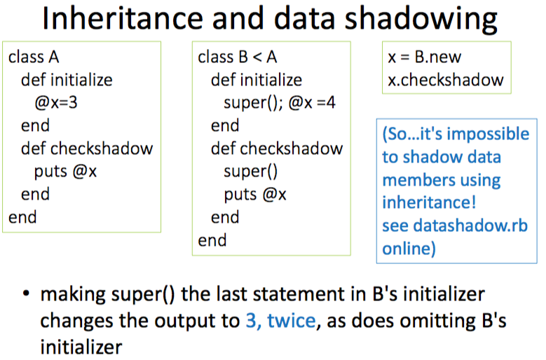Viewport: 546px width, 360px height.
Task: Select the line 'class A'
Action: coord(34,57)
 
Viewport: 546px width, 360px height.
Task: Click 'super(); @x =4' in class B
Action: coord(280,103)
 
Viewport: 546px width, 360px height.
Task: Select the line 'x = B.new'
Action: coord(424,57)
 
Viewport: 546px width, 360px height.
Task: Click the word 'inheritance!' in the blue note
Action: coord(429,202)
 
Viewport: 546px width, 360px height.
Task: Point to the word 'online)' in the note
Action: coord(409,249)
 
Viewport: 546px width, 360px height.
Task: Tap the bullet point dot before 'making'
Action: coord(26,294)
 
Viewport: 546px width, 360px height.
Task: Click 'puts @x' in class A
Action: coord(65,171)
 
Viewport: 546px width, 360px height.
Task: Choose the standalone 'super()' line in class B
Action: coord(251,171)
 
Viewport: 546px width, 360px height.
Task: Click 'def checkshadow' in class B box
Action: coord(277,148)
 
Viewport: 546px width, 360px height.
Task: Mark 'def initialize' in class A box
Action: coord(67,80)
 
